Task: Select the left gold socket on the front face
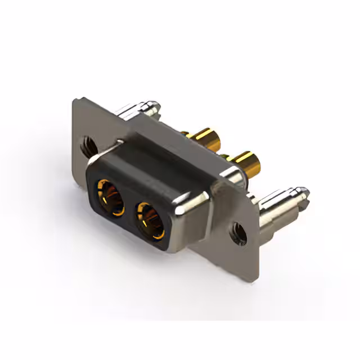pyautogui.click(x=111, y=197)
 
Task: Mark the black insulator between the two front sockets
pyautogui.click(x=130, y=209)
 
